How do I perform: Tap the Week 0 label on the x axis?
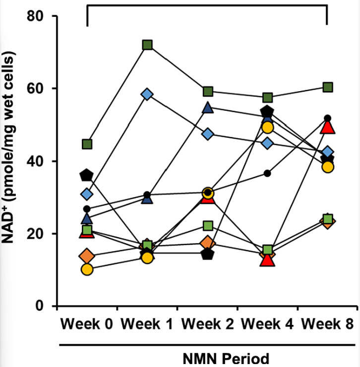point(87,324)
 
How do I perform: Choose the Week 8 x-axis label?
point(327,324)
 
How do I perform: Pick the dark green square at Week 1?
point(147,45)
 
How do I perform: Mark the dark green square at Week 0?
point(87,144)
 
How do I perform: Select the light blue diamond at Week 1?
point(147,94)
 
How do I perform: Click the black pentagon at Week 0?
point(87,175)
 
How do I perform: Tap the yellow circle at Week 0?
point(87,269)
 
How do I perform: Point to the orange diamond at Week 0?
point(87,256)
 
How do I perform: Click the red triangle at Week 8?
point(327,127)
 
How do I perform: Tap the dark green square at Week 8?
point(327,87)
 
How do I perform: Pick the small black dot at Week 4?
point(267,173)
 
